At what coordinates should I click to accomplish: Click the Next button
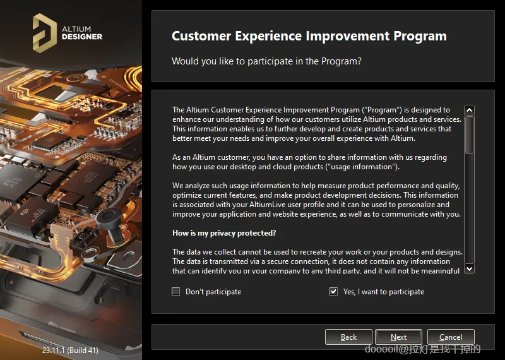point(398,337)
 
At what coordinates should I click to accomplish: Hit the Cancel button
point(451,337)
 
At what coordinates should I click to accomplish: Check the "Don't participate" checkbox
point(176,292)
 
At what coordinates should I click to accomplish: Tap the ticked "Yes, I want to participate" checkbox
point(333,292)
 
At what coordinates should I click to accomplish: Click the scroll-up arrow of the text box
point(469,111)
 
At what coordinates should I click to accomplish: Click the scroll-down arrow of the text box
point(469,268)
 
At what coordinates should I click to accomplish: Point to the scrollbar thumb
point(469,135)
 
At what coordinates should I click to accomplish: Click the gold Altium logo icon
point(44,33)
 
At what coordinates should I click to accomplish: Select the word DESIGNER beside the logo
point(82,37)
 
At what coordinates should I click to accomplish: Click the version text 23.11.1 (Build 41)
point(70,350)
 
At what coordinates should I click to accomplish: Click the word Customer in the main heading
point(201,36)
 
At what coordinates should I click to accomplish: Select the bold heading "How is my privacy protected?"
point(224,233)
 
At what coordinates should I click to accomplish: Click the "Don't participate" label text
point(213,292)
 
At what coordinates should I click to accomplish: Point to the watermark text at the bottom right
point(422,349)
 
